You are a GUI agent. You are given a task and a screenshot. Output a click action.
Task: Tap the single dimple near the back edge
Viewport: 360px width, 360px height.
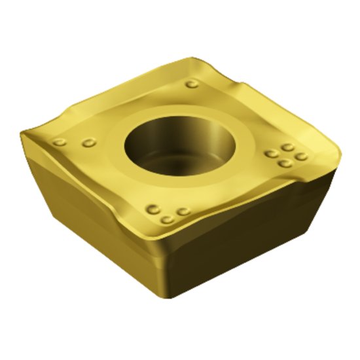[191, 84]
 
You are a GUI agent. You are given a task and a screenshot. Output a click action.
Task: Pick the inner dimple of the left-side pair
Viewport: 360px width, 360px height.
[89, 142]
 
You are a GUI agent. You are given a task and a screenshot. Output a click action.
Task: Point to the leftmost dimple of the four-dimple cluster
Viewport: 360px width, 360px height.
[271, 154]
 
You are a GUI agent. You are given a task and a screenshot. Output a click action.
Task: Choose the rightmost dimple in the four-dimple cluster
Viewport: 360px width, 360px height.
[301, 156]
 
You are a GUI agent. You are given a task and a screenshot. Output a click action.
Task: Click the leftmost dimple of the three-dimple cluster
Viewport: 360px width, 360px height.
[154, 209]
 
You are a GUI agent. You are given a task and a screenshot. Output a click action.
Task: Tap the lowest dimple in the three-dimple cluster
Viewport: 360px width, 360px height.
[168, 219]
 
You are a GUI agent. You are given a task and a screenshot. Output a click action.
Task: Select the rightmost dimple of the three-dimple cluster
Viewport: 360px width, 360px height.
[184, 211]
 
